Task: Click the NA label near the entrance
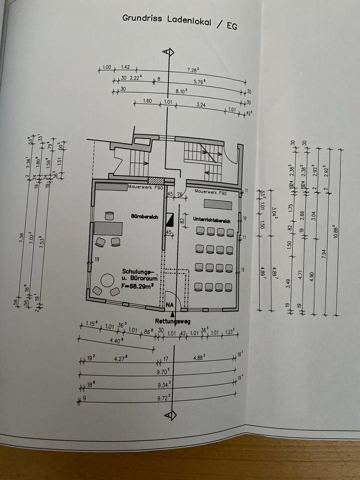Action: (x=171, y=304)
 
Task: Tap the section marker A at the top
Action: (x=170, y=52)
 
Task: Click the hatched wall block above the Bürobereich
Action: (x=156, y=182)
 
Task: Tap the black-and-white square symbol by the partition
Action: (x=169, y=218)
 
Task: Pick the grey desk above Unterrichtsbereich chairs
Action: (x=218, y=205)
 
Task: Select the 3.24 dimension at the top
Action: (x=201, y=105)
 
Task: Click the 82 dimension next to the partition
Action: (x=182, y=219)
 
